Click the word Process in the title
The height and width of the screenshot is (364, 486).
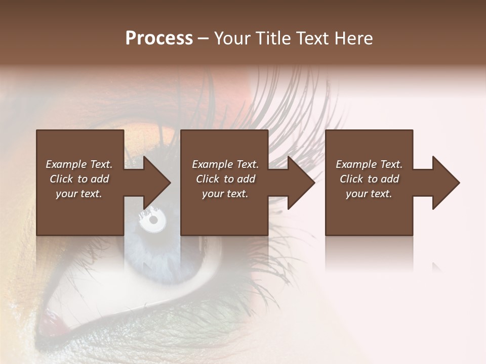[159, 38]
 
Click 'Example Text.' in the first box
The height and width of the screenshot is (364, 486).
[79, 164]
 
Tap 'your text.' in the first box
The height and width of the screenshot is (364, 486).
[79, 194]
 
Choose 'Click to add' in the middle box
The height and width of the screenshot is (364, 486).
[225, 179]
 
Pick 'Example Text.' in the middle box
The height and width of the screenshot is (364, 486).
[225, 164]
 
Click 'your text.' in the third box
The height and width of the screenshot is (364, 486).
[369, 194]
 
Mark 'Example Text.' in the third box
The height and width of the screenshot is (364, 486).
[369, 164]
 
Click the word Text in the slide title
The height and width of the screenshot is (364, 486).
[313, 38]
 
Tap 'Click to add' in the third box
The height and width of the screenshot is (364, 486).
[369, 179]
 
